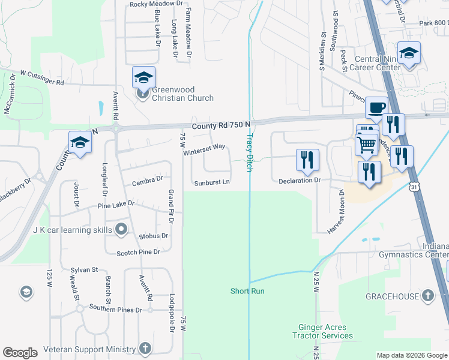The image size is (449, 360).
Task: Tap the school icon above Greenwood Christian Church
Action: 144,77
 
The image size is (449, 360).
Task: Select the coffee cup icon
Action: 376,107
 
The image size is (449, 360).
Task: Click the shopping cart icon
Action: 366,143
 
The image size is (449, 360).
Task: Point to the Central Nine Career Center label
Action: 378,63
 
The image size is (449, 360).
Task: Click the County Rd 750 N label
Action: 221,125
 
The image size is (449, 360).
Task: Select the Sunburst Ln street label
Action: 211,182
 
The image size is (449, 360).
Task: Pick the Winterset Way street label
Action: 204,149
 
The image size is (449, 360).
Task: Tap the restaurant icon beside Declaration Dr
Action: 307,160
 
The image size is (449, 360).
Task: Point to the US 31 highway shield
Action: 414,188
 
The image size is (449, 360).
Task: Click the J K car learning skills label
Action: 73,230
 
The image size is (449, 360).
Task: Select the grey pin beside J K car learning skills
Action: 121,229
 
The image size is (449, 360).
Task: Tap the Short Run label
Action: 248,291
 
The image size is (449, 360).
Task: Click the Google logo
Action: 20,353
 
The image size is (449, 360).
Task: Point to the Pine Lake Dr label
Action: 116,204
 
